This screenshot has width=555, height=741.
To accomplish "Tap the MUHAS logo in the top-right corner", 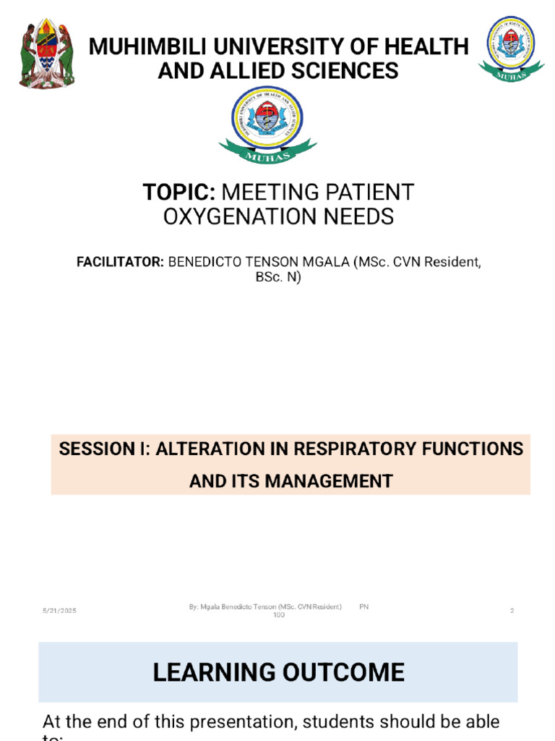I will [x=510, y=48].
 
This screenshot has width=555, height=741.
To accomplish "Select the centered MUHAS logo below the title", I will [x=267, y=124].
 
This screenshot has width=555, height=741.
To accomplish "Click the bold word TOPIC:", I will [x=179, y=192].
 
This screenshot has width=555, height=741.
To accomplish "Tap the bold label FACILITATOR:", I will [x=121, y=262].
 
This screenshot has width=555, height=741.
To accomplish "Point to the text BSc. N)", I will [x=278, y=277].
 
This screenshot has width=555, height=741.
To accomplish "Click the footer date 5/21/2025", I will [x=59, y=611].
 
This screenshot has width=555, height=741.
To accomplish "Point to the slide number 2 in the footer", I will [x=512, y=611].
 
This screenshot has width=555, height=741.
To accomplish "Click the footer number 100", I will [x=278, y=615].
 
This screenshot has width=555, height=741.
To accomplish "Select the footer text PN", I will [x=363, y=607].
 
